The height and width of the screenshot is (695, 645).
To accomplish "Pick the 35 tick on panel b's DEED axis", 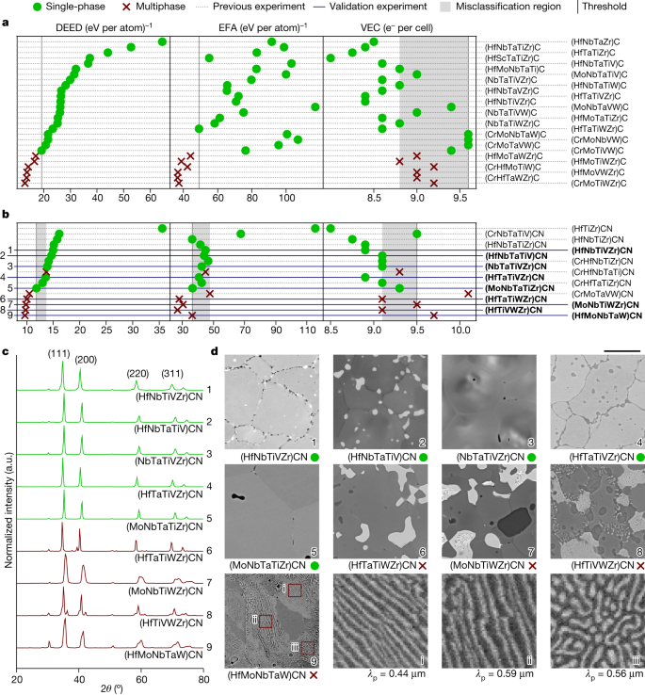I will [x=161, y=331].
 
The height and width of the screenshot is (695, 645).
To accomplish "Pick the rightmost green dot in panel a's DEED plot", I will [x=163, y=41].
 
